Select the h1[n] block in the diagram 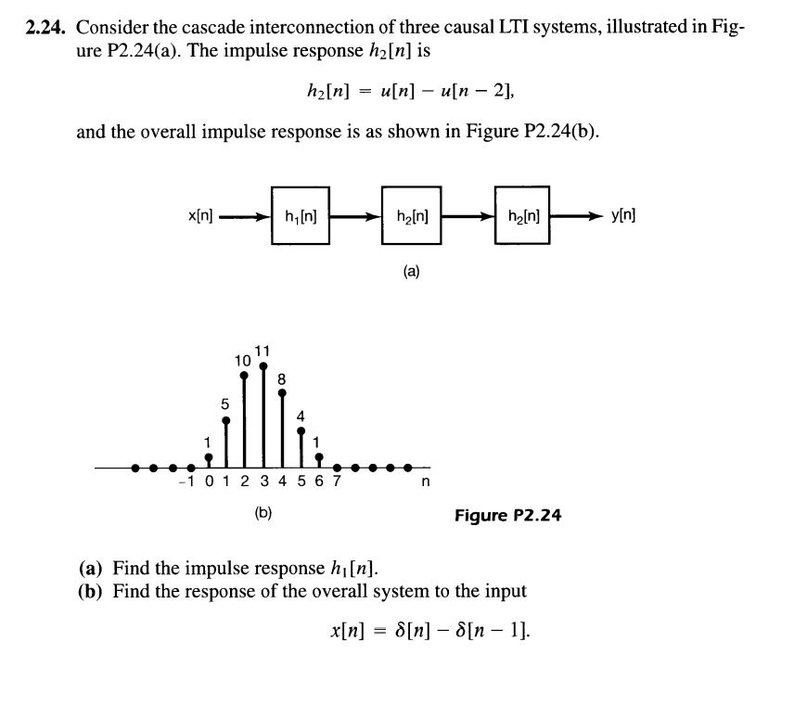click(301, 216)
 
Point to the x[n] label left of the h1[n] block click(200, 216)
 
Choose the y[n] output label click(623, 216)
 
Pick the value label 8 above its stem click(282, 378)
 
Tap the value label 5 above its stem click(225, 404)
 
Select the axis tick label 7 click(337, 482)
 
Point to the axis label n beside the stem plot click(427, 482)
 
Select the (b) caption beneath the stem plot click(263, 510)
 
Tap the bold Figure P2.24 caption click(507, 513)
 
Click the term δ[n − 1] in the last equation click(494, 631)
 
